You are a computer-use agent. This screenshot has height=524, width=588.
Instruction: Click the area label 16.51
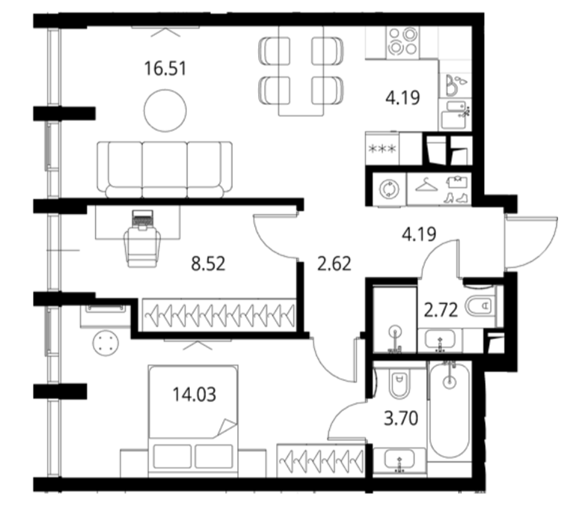pos(165,69)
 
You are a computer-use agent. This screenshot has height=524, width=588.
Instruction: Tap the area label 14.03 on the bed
pos(195,394)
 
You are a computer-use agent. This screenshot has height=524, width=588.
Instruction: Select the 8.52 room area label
pos(208,263)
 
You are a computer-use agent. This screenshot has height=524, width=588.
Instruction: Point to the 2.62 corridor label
pos(334,263)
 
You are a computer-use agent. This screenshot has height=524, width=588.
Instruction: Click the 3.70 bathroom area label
pos(401,418)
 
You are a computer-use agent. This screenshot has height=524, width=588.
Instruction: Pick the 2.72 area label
pos(441,311)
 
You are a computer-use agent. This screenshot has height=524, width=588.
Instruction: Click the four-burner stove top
pos(402,42)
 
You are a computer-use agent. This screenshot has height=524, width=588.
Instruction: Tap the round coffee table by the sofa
pos(165,111)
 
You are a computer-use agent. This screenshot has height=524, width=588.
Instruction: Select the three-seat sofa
pos(165,170)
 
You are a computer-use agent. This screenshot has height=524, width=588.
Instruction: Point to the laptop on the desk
pos(142,219)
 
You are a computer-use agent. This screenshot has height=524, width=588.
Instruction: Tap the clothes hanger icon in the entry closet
pos(426,184)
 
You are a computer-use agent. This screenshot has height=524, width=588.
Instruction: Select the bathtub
pos(449,409)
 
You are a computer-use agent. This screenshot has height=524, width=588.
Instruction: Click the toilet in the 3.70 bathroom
pos(400,383)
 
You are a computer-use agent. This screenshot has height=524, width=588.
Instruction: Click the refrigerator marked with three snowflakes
pos(382,149)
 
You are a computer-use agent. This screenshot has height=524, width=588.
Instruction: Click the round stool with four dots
pos(106,344)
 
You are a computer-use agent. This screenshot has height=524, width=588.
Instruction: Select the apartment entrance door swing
pos(530,242)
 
